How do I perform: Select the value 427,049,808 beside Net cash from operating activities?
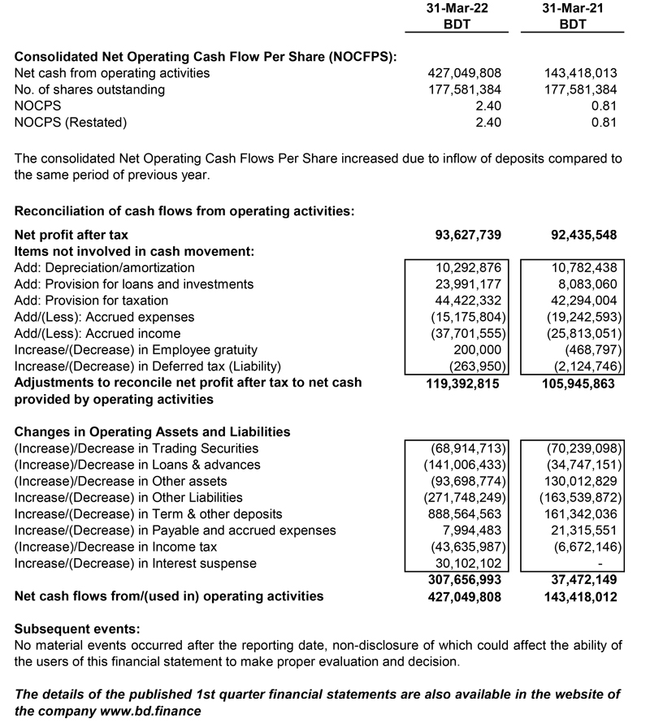464,73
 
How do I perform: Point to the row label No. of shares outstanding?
89,89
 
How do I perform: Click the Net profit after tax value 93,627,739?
468,236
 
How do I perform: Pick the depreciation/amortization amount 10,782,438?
582,267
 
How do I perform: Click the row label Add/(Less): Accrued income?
97,333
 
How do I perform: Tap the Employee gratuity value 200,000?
479,349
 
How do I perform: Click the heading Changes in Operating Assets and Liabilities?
152,432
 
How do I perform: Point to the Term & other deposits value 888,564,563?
464,514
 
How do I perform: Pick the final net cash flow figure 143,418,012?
578,596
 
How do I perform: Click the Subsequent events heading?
77,629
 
